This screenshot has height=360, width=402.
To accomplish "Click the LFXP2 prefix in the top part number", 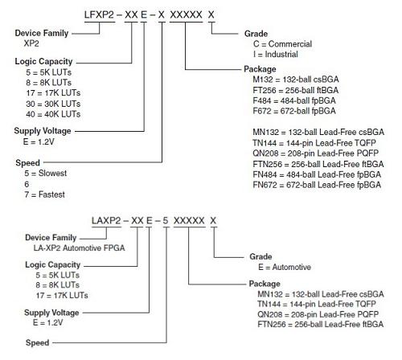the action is click(x=99, y=14).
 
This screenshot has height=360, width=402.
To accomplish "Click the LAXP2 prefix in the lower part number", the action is click(x=106, y=221).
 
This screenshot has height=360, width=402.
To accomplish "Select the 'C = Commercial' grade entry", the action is click(x=282, y=44).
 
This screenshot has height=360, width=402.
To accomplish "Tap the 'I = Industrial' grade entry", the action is click(x=276, y=55).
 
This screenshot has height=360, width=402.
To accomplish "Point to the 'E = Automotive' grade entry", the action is click(x=285, y=267).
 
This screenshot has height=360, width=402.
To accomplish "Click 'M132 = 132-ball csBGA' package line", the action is click(x=296, y=80).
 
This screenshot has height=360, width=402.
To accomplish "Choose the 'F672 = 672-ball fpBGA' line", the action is click(x=294, y=111).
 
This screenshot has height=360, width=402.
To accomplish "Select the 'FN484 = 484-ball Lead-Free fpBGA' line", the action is click(x=317, y=174).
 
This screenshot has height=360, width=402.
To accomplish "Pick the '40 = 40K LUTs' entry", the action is click(x=53, y=114).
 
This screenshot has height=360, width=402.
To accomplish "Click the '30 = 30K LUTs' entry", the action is click(x=53, y=104).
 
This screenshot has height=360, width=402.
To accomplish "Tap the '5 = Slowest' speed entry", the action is click(x=46, y=174).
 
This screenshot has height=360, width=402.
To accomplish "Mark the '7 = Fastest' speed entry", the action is click(x=44, y=194).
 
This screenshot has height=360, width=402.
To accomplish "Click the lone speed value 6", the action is click(x=27, y=184).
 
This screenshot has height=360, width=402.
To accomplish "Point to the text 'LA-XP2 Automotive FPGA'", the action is click(x=79, y=248).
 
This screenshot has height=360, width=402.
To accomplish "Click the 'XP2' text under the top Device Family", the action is click(x=31, y=43).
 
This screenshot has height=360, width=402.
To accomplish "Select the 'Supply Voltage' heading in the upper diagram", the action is click(x=43, y=131).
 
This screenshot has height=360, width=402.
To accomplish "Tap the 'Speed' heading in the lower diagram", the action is click(x=37, y=342).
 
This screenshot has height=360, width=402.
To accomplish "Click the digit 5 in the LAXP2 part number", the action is click(x=166, y=221).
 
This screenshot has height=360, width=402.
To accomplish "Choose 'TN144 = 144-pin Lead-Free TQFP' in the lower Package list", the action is click(x=317, y=305).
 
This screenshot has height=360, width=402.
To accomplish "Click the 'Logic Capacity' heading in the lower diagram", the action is click(x=53, y=265).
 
